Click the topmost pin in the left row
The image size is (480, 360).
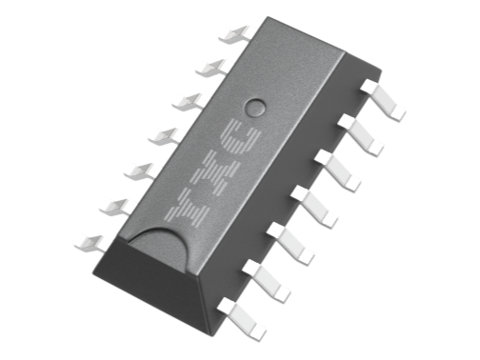[234, 34]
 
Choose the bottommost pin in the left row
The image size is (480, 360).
[90, 242]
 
